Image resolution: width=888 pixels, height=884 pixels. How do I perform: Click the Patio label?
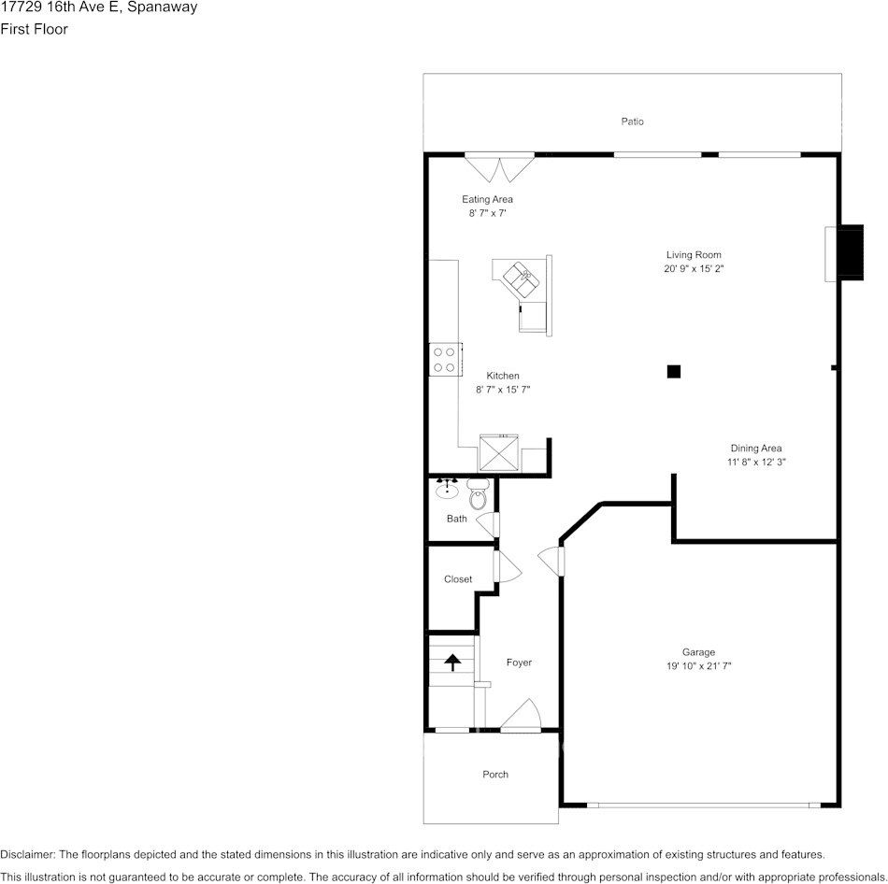(x=632, y=121)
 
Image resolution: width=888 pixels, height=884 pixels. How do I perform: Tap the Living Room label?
(x=694, y=255)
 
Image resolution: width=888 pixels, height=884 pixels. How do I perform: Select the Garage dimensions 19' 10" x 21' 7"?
(x=699, y=666)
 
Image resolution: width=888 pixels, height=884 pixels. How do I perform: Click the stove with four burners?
(x=445, y=360)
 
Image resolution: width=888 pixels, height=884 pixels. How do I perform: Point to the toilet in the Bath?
(x=479, y=493)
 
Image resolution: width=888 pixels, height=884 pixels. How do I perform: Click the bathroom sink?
(x=448, y=488)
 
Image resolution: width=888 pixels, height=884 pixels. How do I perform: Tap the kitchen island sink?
(x=522, y=278)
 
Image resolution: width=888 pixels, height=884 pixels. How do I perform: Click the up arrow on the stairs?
(x=451, y=662)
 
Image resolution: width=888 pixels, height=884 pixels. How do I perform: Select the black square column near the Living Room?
(x=673, y=372)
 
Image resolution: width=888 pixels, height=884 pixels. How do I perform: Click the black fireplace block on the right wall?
(x=851, y=252)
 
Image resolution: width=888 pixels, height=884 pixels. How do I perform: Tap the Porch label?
(x=495, y=774)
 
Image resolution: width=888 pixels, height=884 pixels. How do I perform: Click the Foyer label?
(x=519, y=663)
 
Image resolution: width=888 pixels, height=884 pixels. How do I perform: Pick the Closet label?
(x=458, y=579)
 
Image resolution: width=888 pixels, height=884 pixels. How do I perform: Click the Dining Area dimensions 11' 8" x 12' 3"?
(x=756, y=463)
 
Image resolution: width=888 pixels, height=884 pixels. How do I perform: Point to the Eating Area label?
(x=487, y=199)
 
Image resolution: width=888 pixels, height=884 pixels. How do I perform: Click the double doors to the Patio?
(x=499, y=167)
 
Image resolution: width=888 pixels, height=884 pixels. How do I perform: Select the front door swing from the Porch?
(x=521, y=715)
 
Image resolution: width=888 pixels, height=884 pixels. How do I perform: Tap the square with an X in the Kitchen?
(x=498, y=452)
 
